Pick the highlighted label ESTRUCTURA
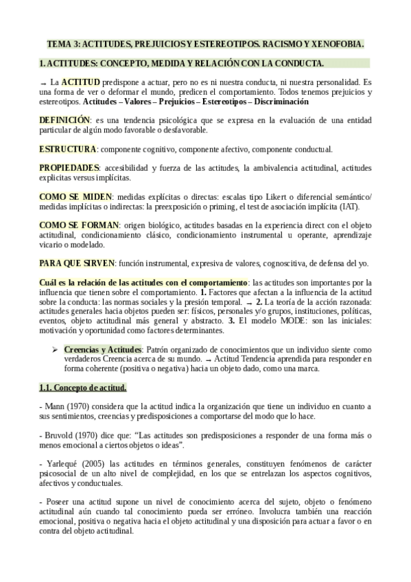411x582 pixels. coord(67,149)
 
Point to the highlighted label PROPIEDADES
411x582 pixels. coord(69,168)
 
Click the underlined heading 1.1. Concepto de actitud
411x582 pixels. coord(82,388)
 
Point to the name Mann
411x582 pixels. coord(54,407)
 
